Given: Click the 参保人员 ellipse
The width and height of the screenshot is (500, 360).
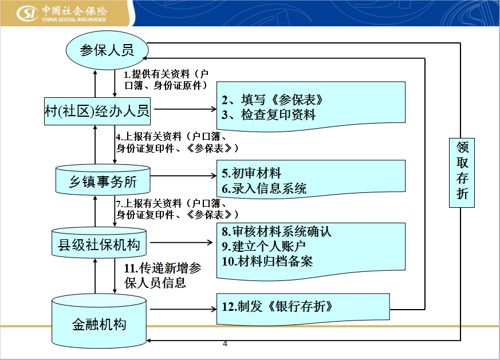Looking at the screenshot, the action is click(107, 50).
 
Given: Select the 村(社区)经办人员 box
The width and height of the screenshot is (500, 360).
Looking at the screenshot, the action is click(97, 111).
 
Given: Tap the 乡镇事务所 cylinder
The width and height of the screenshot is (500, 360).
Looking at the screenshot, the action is click(103, 180).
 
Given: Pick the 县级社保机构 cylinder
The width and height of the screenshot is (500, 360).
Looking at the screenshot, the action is click(99, 243).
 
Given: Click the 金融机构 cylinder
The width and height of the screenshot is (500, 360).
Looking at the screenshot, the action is click(99, 321).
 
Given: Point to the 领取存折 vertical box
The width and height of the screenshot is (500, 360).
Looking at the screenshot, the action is click(462, 173).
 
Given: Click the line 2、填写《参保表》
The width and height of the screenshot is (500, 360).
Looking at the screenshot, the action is click(272, 100).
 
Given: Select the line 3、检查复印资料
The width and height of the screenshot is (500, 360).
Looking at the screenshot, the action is click(269, 114).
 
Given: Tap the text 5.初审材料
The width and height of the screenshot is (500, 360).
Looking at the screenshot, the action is click(251, 173).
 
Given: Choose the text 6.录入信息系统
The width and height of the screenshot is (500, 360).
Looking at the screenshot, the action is click(264, 189).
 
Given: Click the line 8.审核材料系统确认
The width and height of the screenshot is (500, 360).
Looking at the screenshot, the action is click(277, 232).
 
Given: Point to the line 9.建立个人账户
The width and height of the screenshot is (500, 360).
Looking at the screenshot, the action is click(263, 246).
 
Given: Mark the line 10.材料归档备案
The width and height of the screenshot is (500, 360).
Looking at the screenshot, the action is click(267, 261).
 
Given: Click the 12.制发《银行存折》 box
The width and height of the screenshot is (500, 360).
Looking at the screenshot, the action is click(303, 308).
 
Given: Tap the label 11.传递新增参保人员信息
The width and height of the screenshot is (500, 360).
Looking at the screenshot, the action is click(162, 275).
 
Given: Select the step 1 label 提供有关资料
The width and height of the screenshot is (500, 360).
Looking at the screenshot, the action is click(166, 80).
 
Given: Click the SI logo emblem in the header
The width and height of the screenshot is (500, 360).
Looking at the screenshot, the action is click(27, 13).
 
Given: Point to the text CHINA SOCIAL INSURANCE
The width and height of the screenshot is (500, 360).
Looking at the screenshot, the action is click(74, 19).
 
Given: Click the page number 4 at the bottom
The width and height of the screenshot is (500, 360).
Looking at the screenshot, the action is click(225, 344).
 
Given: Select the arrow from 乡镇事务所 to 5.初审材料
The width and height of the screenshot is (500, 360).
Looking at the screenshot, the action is click(183, 176).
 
